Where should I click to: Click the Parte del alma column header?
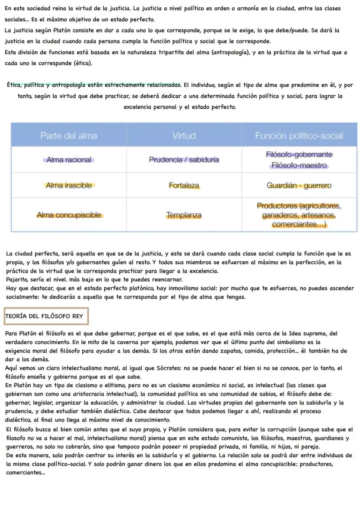click(x=69, y=136)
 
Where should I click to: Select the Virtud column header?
click(x=184, y=136)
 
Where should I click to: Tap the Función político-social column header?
click(x=299, y=136)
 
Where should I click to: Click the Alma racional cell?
click(x=69, y=160)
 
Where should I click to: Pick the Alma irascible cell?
click(x=69, y=186)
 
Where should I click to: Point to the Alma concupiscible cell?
click(x=69, y=215)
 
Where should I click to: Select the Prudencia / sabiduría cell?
click(x=184, y=160)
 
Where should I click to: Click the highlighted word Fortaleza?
click(x=184, y=186)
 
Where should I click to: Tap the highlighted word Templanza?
click(x=184, y=215)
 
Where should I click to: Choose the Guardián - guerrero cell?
click(x=299, y=186)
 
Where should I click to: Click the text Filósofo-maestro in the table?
click(x=299, y=166)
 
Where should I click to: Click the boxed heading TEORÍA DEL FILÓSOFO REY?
click(x=46, y=316)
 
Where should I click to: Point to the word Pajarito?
click(x=18, y=279)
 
